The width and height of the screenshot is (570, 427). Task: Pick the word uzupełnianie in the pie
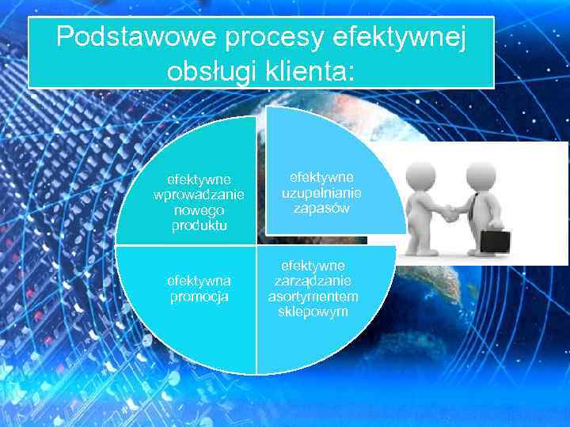(x=321, y=193)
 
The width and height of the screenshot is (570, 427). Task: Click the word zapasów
(x=321, y=208)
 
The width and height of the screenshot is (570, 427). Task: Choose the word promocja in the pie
(x=198, y=297)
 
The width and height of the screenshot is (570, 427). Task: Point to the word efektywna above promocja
(x=198, y=281)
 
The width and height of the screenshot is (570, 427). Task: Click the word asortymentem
(x=313, y=296)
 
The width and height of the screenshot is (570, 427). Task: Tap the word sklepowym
(x=313, y=311)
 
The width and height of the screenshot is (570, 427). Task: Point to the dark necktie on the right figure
(x=472, y=207)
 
